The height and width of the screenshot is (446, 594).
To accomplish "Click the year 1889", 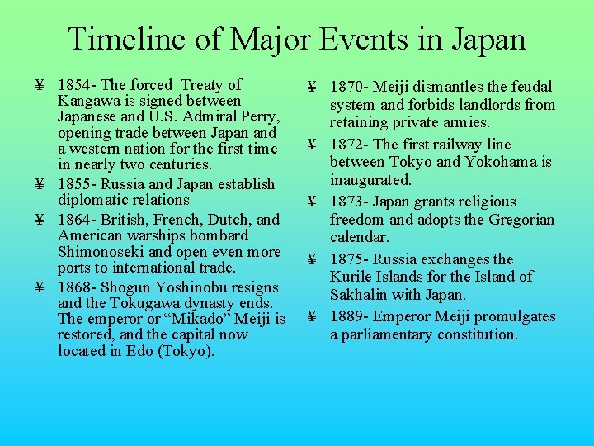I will [346, 317].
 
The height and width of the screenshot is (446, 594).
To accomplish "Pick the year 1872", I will [346, 145].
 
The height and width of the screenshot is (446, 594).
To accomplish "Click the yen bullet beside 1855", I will [40, 184].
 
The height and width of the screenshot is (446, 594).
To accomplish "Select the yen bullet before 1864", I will [40, 221].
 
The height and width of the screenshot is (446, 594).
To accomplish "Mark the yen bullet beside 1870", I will [313, 88].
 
